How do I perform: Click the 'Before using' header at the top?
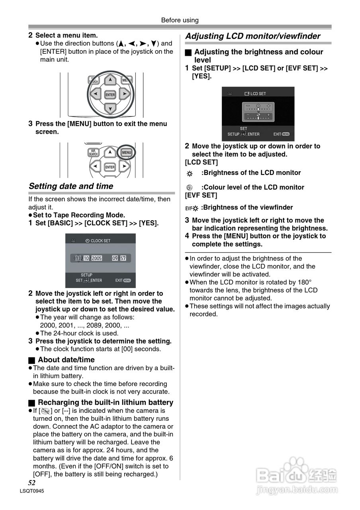click(180, 20)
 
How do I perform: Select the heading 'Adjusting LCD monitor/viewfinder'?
click(253, 36)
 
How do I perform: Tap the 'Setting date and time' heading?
click(71, 186)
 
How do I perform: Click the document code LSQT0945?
click(31, 491)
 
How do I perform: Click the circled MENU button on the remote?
click(127, 153)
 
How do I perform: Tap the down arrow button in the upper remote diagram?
click(110, 108)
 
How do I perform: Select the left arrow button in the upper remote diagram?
click(95, 94)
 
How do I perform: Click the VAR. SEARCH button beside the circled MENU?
click(93, 153)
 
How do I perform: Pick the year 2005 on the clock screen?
click(97, 258)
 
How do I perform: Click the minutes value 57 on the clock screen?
click(123, 258)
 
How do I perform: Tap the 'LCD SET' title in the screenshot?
click(258, 94)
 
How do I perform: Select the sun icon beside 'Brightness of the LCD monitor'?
click(190, 174)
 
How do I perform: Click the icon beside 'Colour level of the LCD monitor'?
click(190, 187)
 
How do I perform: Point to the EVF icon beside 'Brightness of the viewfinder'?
click(192, 208)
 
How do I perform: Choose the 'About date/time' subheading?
click(66, 360)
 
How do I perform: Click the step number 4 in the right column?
click(187, 236)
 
